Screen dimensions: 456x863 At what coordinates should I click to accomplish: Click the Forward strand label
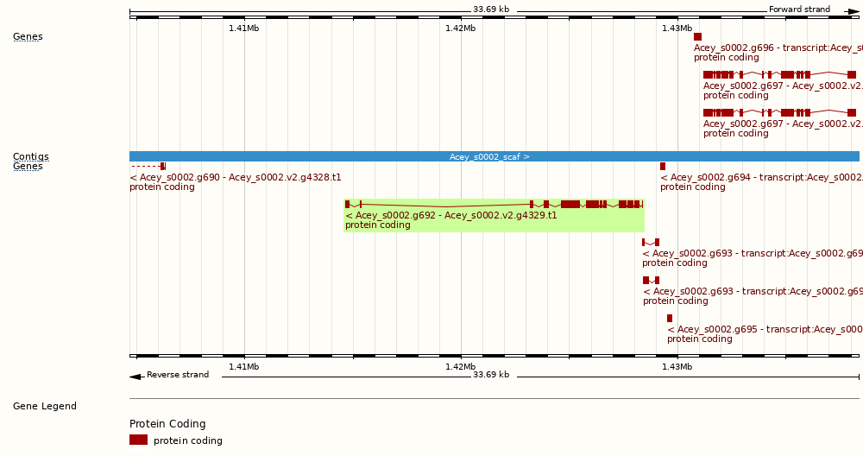(x=799, y=9)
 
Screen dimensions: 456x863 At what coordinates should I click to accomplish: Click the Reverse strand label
(x=177, y=375)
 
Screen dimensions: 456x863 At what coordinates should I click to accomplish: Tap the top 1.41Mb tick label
(x=243, y=28)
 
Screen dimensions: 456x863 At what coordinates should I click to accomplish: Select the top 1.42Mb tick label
(x=460, y=28)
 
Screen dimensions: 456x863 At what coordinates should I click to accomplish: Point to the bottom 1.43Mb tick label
(x=677, y=367)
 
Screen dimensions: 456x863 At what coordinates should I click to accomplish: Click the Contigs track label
(x=30, y=156)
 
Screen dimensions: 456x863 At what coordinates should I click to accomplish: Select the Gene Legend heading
(x=44, y=406)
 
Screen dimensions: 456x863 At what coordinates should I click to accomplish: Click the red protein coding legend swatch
(x=138, y=440)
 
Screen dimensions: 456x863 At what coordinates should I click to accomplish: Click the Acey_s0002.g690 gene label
(x=235, y=177)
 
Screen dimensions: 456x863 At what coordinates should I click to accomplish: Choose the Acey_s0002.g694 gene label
(x=760, y=177)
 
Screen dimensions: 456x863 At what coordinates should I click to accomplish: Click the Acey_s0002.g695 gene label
(x=764, y=329)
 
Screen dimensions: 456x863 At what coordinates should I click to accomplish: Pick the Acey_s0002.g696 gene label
(x=777, y=47)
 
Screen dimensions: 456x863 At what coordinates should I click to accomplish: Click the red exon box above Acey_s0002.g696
(x=697, y=36)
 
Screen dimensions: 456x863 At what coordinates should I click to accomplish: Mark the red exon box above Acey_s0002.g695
(x=670, y=319)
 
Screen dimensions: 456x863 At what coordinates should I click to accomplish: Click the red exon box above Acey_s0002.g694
(x=663, y=166)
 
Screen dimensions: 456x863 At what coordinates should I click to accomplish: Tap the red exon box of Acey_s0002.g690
(x=163, y=166)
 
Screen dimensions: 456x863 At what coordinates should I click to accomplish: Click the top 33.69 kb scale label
(x=490, y=9)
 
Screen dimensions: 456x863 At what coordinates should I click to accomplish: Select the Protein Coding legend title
(x=167, y=424)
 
